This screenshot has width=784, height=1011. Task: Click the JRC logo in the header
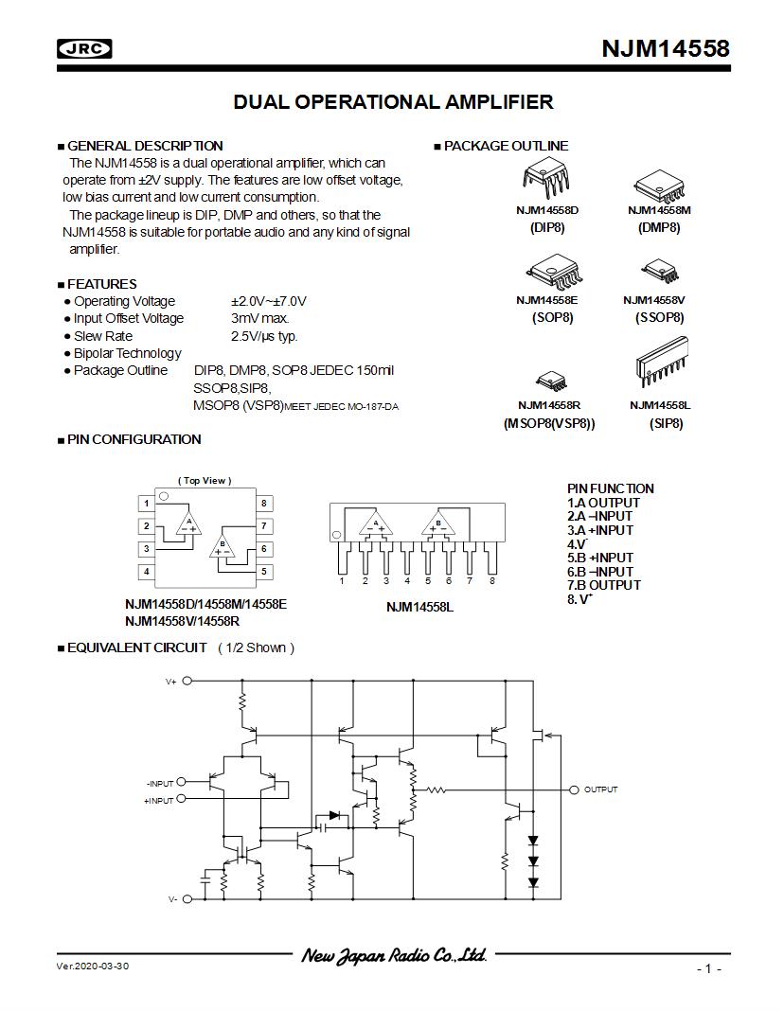click(x=85, y=48)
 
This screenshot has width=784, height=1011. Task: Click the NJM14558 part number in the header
click(x=666, y=48)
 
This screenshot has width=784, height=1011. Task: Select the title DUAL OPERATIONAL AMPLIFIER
click(x=393, y=102)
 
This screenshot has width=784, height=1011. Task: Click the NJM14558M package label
click(x=659, y=210)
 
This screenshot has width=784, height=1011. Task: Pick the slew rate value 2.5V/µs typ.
click(x=264, y=336)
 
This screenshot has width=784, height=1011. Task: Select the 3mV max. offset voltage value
click(x=259, y=319)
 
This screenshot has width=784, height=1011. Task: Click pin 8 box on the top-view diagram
click(x=264, y=503)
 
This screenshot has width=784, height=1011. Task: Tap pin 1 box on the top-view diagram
click(x=147, y=503)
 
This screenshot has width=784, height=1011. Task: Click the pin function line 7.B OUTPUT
click(x=603, y=585)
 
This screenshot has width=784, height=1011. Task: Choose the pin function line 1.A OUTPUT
click(x=603, y=503)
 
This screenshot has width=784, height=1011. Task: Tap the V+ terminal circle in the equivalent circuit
click(x=187, y=681)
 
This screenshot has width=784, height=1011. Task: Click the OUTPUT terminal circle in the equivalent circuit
click(x=574, y=789)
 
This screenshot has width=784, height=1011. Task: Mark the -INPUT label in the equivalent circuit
click(x=160, y=784)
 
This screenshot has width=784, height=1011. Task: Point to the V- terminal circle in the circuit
click(x=187, y=899)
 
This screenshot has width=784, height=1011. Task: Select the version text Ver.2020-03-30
click(x=92, y=966)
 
